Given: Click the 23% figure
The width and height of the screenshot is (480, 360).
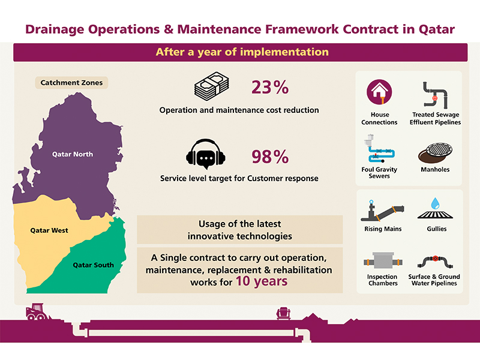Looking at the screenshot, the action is point(270,87).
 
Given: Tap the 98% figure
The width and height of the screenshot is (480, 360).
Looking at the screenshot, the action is point(270,157).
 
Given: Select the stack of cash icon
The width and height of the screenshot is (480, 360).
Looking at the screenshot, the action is point(212,86).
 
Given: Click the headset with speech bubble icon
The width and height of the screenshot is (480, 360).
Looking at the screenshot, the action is point(206,154).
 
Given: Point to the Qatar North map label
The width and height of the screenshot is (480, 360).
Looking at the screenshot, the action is point(73,154).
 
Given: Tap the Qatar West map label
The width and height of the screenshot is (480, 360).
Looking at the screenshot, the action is point(49,230).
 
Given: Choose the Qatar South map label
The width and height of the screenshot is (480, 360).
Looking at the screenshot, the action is point(93,265).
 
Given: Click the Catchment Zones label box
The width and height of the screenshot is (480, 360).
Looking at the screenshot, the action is point(71,83).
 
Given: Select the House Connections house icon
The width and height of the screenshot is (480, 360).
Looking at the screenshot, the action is point(379,92).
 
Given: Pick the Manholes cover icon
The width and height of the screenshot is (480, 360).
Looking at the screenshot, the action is point(435,152).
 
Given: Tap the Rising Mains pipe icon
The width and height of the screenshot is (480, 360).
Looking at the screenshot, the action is point(382,210).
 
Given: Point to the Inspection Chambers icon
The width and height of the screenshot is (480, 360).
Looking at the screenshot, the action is point(383,261).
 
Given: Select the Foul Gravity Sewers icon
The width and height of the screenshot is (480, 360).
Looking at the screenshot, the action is point(379,148).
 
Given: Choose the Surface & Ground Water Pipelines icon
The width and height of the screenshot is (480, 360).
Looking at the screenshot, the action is point(435,261).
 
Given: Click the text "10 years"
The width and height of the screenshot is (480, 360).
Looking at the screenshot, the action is point(262,281).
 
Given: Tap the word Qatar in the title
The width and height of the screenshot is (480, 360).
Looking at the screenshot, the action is point(437,29).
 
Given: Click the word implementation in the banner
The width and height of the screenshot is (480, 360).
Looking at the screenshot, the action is point(284,52).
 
